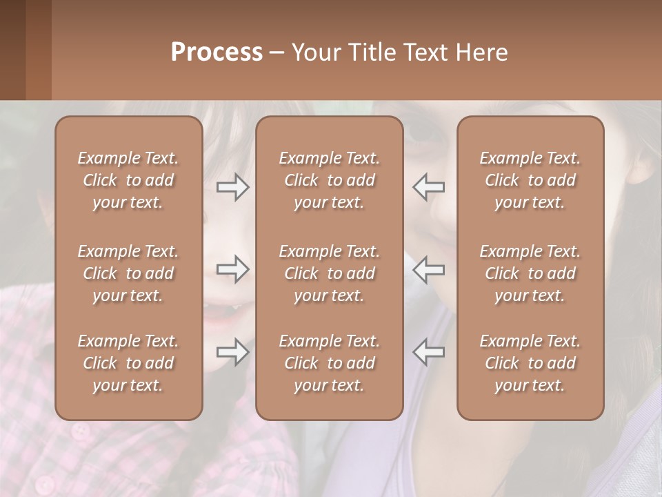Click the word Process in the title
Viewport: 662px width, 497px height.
pos(217,52)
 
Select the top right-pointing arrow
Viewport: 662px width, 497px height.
pos(233,187)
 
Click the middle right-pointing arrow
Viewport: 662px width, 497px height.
pos(233,269)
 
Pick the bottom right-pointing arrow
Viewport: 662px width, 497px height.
pos(233,352)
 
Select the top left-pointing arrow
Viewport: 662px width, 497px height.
pos(428,187)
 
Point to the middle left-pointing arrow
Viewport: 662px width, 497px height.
pos(428,269)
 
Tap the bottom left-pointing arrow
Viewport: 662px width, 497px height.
pos(428,352)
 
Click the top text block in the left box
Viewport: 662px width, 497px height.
pos(128,180)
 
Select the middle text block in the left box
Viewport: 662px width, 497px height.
pos(128,273)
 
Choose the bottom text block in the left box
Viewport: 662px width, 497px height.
pos(128,363)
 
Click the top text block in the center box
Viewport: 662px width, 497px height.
pos(329,180)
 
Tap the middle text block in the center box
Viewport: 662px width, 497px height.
pos(329,273)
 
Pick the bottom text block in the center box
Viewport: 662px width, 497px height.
pos(329,363)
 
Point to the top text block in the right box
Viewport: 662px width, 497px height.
pos(530,180)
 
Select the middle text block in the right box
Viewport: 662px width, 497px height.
pos(530,273)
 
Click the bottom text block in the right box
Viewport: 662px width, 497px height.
pos(530,363)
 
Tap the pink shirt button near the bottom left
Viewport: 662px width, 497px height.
pos(81,431)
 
